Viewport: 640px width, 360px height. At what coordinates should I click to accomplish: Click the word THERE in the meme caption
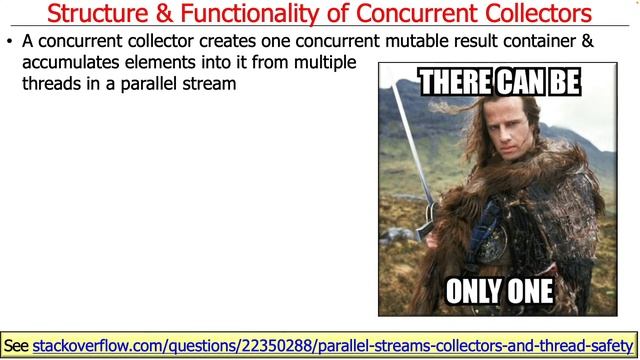452,82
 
